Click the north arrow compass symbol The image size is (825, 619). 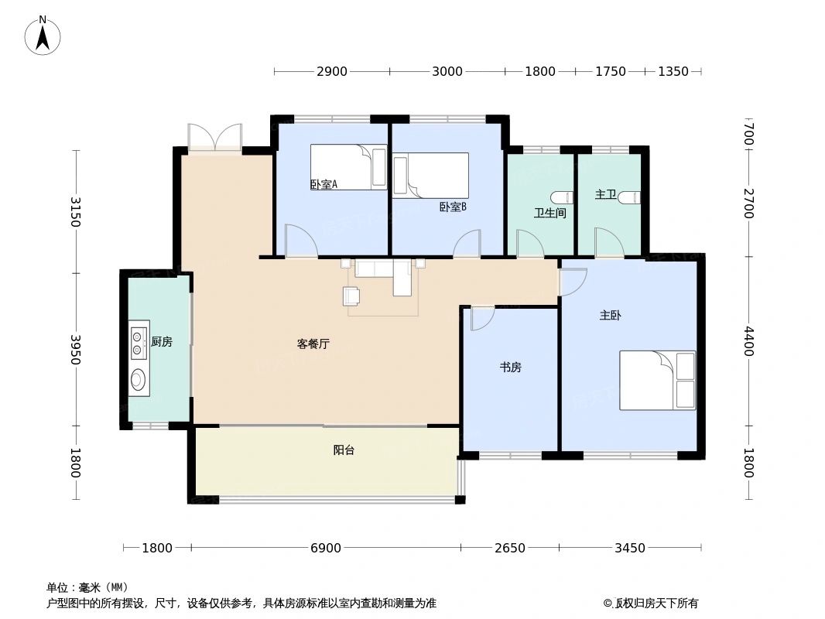(x=43, y=35)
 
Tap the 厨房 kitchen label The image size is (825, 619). (x=162, y=341)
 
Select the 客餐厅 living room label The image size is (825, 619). (x=313, y=344)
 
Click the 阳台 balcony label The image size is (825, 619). (x=344, y=450)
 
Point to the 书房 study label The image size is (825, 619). (x=510, y=368)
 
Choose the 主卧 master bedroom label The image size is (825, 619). (x=610, y=316)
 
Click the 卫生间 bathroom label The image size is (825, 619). (x=549, y=213)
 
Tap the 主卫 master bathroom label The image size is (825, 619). (x=605, y=195)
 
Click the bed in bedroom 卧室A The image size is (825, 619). (x=348, y=167)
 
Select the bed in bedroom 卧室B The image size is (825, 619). (x=430, y=176)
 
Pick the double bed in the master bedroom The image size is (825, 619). (x=657, y=380)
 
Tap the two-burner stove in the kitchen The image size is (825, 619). (x=138, y=343)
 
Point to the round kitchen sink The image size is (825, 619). (x=138, y=379)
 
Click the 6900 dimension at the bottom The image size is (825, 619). (x=326, y=549)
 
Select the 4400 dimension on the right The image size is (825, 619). (x=748, y=341)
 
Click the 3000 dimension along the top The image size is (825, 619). (x=447, y=72)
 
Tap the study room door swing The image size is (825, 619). (x=481, y=317)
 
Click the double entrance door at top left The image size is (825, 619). (x=214, y=137)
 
